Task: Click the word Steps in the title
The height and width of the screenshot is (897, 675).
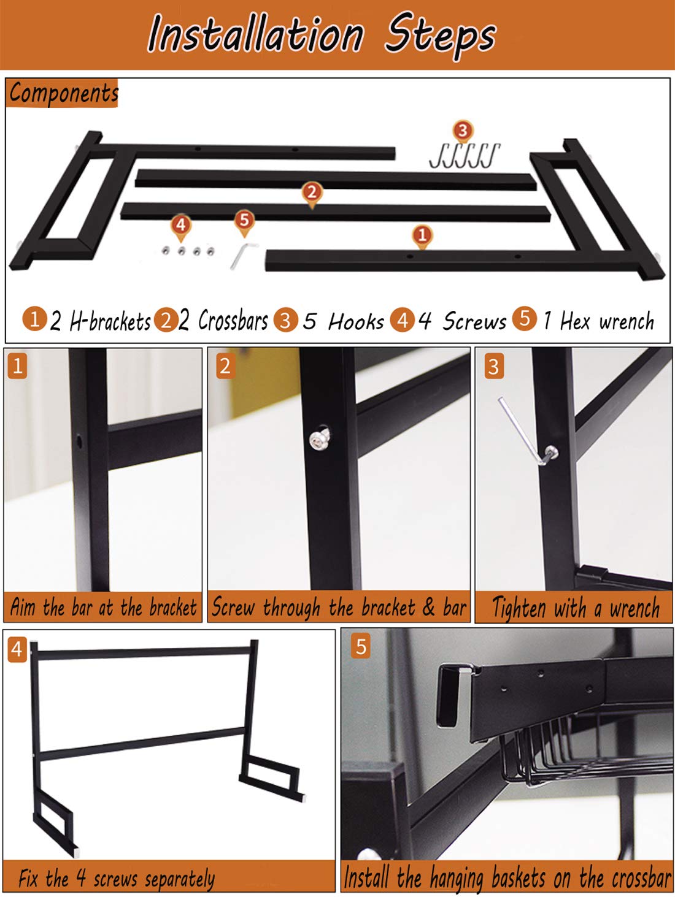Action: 441,36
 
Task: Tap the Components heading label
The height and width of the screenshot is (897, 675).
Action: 63,93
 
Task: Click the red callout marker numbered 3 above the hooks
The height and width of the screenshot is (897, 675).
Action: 463,132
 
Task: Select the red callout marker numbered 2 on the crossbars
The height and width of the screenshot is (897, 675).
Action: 312,194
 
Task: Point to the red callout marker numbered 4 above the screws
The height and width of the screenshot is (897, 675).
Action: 180,226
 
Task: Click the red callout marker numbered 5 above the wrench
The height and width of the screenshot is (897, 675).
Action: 244,222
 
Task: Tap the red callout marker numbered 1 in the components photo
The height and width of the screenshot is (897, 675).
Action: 422,236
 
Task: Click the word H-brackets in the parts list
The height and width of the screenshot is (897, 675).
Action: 110,321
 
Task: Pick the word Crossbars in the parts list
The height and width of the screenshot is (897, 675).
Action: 233,321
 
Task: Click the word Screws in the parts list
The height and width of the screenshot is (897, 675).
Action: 475,321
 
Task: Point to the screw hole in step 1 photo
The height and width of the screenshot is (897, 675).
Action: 79,442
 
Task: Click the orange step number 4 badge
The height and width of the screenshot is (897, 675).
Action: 17,649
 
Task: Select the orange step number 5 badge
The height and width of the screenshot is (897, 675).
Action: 361,646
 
